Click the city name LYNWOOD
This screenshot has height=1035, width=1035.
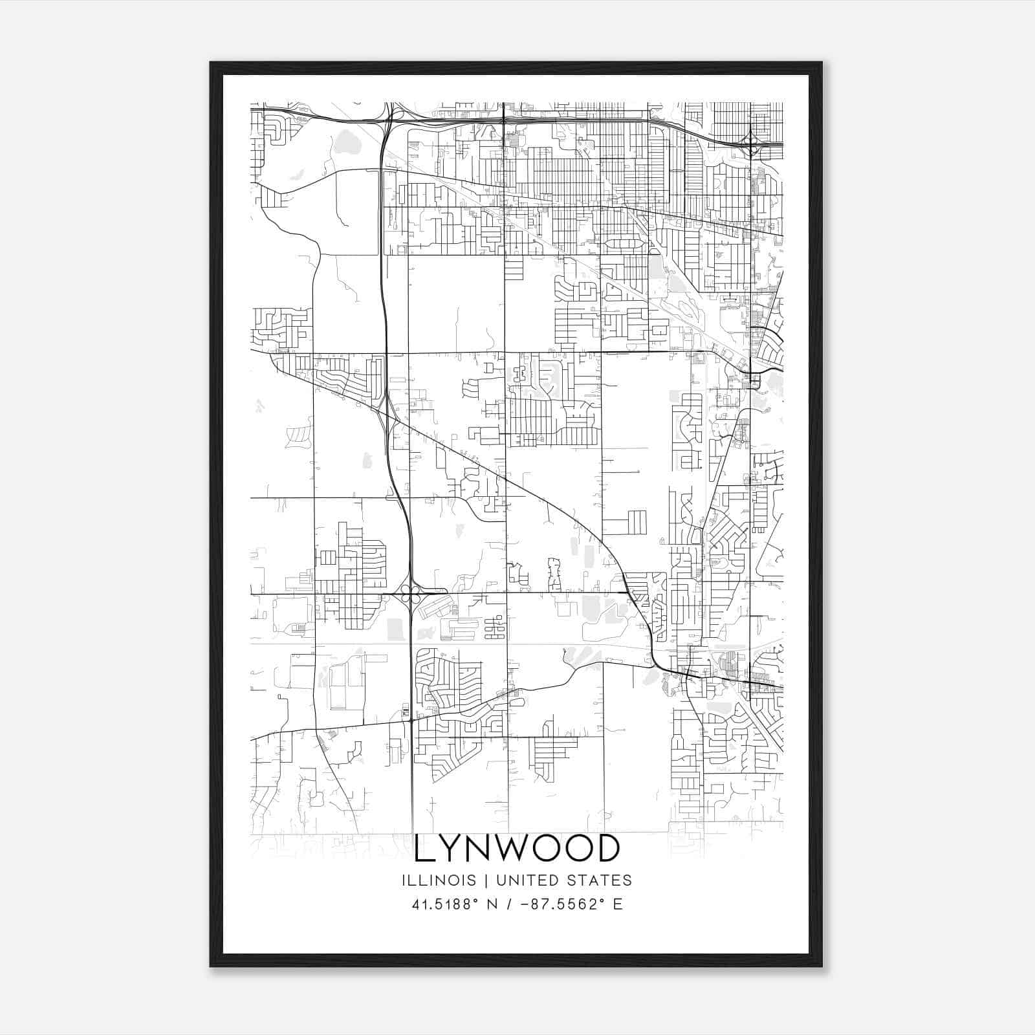point(517,849)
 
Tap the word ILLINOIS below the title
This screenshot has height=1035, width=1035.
point(439,880)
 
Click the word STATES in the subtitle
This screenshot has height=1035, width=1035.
point(600,880)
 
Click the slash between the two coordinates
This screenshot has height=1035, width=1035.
point(508,904)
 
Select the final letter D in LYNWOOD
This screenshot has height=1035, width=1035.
point(609,849)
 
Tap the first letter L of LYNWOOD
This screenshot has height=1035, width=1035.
point(424,849)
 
